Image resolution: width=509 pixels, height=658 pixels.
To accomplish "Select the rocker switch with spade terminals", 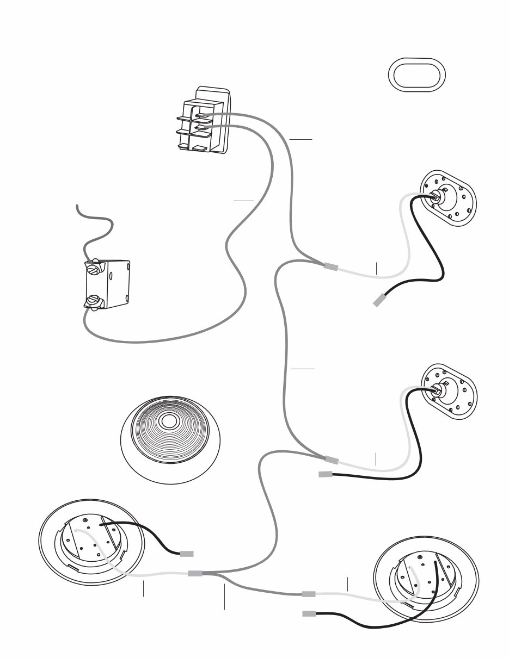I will click(x=204, y=121).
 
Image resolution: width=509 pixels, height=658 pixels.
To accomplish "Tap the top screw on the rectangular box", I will click(x=94, y=268).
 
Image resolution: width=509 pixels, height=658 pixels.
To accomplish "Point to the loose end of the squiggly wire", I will click(x=78, y=206).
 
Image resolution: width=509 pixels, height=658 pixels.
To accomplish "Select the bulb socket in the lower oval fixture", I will click(x=439, y=389).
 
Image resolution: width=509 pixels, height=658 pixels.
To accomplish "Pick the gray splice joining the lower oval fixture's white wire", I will click(x=332, y=461).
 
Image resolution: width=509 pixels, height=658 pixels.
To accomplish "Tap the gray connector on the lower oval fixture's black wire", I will click(x=326, y=474).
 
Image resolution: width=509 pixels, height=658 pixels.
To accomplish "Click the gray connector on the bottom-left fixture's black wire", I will click(x=187, y=554).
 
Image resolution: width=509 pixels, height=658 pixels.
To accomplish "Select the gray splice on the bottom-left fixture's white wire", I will click(x=195, y=574).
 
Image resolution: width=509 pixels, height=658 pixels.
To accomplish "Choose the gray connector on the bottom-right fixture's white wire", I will click(x=309, y=594).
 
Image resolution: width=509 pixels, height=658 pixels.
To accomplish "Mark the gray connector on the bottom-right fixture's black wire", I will click(x=309, y=614).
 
